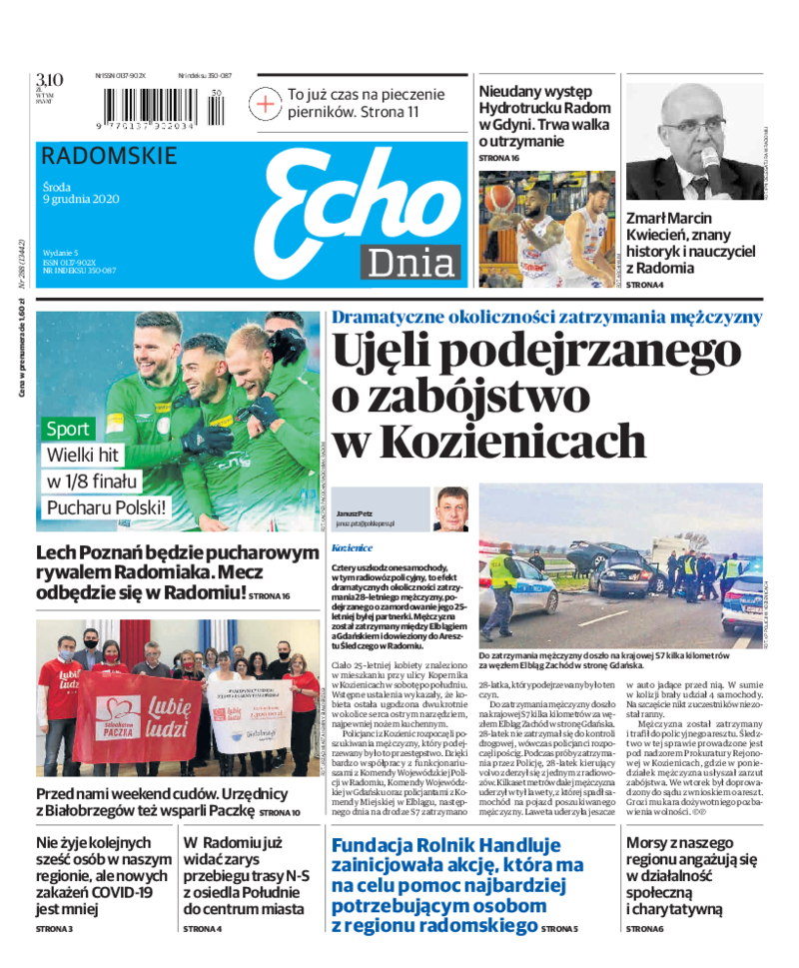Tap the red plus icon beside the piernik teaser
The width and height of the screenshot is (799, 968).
[x=265, y=103]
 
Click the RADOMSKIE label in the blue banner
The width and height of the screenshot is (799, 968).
[x=110, y=157]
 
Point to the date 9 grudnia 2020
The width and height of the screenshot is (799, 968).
[x=81, y=198]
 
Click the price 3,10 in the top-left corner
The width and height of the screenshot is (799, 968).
[x=50, y=80]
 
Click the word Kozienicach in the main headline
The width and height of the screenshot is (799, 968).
[x=489, y=441]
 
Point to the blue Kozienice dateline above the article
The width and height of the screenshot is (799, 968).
[x=352, y=548]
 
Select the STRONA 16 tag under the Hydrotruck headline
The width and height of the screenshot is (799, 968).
[x=499, y=159]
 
